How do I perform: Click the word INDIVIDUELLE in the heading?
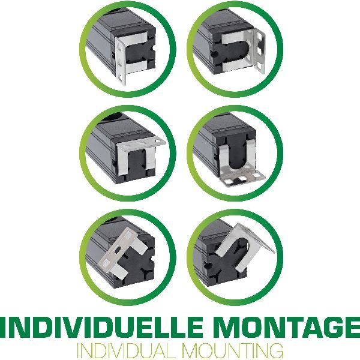(101, 327)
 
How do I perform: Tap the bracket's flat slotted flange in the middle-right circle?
(242, 178)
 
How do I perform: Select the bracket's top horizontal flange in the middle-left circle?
(141, 143)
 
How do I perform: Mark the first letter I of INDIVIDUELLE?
(4, 327)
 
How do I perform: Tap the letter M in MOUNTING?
(193, 351)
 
